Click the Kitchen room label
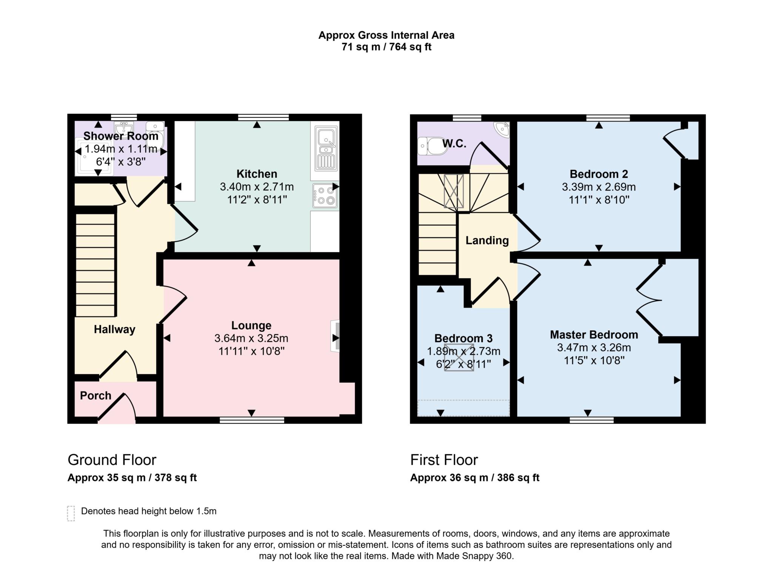tap(257, 174)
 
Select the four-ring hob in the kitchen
tap(325, 196)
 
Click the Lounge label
tap(251, 325)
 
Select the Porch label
tap(95, 396)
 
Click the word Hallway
tap(114, 330)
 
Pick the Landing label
tap(487, 240)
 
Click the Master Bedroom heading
tap(594, 335)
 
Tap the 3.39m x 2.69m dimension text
tap(599, 187)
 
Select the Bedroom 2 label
tap(599, 174)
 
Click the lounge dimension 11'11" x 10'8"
tap(251, 351)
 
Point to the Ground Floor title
tap(112, 460)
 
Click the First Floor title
tap(444, 460)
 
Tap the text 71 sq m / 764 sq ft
tap(386, 47)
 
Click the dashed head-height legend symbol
tap(71, 513)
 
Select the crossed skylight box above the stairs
tap(454, 191)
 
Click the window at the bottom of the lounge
tap(252, 420)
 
